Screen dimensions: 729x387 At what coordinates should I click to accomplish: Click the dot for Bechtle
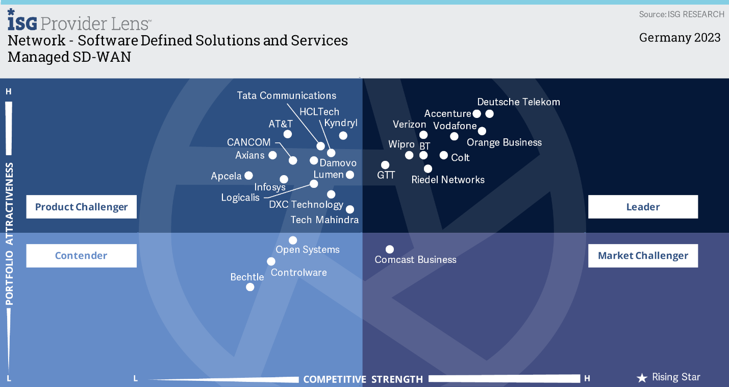coord(250,287)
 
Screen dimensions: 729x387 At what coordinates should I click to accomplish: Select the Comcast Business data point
coord(390,249)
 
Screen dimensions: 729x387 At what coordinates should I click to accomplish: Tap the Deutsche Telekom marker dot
coord(489,114)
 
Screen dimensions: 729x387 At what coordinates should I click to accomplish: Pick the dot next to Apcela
coord(248,176)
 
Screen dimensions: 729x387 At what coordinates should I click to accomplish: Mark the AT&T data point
coord(287,134)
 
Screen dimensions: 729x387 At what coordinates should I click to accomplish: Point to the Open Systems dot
coord(293,240)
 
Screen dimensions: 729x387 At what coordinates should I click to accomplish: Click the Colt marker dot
coord(444,155)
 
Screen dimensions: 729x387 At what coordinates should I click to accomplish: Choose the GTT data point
coord(385,165)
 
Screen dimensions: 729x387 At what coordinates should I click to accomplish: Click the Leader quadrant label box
coord(643,207)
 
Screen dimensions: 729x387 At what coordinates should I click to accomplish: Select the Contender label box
coord(81,256)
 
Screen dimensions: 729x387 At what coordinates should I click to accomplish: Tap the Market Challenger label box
coord(643,256)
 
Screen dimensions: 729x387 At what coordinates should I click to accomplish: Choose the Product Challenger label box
coord(81,207)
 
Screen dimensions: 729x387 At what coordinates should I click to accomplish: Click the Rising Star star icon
coord(642,378)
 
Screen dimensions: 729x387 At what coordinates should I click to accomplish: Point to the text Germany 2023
coord(680,37)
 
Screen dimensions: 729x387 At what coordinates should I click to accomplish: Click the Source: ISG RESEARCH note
coord(682,14)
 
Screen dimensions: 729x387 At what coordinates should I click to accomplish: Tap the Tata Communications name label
coord(286,95)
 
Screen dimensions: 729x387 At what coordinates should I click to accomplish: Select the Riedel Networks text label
coord(448,180)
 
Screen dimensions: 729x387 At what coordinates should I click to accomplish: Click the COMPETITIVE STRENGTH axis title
coord(363,379)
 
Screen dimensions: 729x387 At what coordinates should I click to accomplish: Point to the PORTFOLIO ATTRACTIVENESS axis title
coord(10,234)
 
